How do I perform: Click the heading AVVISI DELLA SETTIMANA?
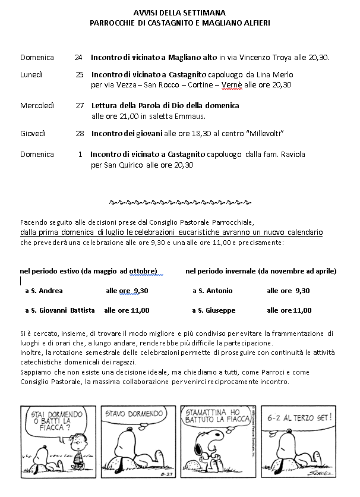pyautogui.click(x=179, y=11)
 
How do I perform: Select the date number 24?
pyautogui.click(x=79, y=58)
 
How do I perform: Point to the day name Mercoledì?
pyautogui.click(x=37, y=106)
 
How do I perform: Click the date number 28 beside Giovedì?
pyautogui.click(x=80, y=133)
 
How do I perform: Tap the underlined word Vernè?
pyautogui.click(x=230, y=85)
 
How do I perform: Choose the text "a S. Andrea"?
pyautogui.click(x=44, y=291)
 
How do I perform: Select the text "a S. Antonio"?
pyautogui.click(x=213, y=291)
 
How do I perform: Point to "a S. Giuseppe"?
pyautogui.click(x=214, y=310)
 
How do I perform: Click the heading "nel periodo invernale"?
pyautogui.click(x=261, y=271)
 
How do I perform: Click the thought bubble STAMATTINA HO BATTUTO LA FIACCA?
pyautogui.click(x=210, y=419)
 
